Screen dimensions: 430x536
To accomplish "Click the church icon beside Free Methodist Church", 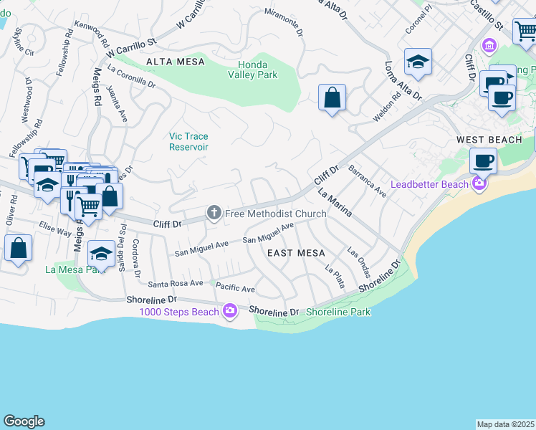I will tap(213, 213).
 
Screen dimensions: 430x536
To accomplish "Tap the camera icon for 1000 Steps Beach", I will tap(230, 311).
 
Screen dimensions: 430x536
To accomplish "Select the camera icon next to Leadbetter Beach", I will tap(479, 185).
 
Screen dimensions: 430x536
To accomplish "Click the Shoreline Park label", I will tap(338, 312).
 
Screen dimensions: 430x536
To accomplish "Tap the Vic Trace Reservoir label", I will tap(188, 141).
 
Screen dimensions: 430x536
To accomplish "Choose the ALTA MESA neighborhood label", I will tap(171, 62).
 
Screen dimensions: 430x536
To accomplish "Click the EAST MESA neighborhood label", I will tap(296, 253).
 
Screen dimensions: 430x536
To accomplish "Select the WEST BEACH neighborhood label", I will tap(489, 140).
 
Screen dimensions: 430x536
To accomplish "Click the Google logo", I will tap(24, 421).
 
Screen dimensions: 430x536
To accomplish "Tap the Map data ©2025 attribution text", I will tap(505, 424).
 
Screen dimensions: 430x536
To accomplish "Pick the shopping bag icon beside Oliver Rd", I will tap(18, 249).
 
